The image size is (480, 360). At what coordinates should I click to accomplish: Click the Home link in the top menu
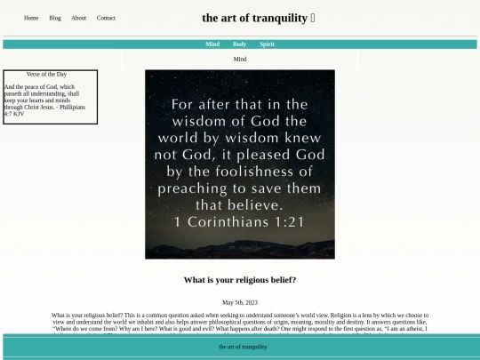click(31, 18)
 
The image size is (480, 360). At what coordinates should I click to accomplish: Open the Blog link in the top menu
click(55, 18)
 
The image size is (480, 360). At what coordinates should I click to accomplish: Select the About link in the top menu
click(79, 18)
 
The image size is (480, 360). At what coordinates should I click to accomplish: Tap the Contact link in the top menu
click(106, 18)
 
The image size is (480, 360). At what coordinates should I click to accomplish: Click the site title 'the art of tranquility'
click(255, 18)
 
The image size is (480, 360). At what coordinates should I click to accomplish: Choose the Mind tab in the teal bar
click(212, 44)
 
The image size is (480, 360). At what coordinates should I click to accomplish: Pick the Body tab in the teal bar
click(239, 44)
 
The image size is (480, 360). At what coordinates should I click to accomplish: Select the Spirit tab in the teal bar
click(267, 44)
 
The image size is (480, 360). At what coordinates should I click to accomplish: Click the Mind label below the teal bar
click(240, 60)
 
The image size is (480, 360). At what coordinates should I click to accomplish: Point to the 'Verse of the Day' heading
click(47, 75)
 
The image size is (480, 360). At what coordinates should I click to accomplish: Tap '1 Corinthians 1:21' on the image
click(240, 222)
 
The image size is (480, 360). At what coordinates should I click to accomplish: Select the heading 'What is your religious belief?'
click(240, 280)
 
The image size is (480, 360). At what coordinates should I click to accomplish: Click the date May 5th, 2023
click(240, 303)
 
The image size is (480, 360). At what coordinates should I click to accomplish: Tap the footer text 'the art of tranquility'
click(242, 347)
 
